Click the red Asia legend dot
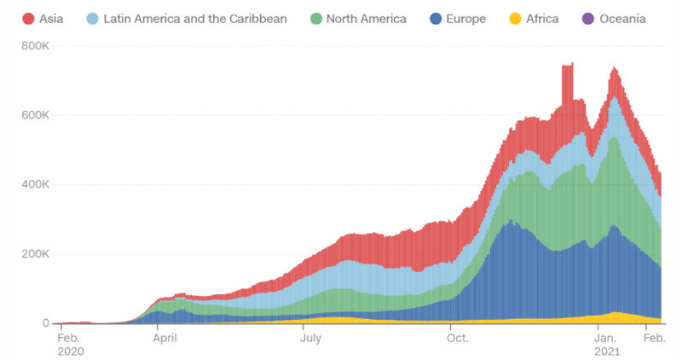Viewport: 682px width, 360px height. pos(28,18)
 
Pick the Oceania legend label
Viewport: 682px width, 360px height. pos(621,18)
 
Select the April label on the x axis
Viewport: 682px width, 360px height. pos(168,338)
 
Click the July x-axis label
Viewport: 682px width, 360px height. pos(311,338)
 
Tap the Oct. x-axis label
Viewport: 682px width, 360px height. pos(458,338)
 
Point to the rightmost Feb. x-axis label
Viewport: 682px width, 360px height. pos(654,338)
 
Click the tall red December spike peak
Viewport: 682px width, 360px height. pos(567,65)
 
